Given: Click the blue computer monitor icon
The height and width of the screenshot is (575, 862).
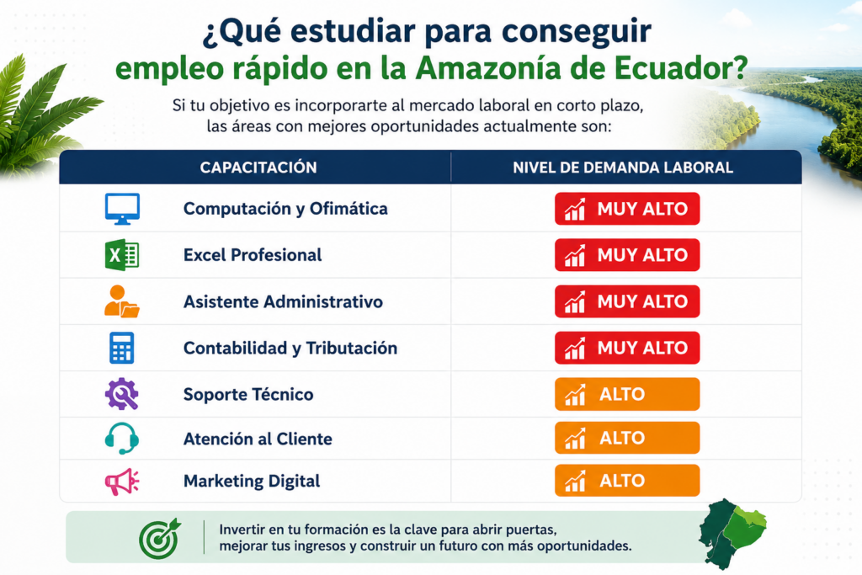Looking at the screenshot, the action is click(x=122, y=209).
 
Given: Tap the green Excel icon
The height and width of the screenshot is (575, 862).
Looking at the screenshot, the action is click(x=122, y=255).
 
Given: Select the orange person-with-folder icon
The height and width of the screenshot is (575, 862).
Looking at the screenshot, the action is click(x=121, y=301).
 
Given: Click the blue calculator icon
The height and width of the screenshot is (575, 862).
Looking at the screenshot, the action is click(x=121, y=348).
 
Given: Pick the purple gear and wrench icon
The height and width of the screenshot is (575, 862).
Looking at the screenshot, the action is click(x=121, y=394).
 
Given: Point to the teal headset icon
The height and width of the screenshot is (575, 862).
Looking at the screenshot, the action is click(x=121, y=438).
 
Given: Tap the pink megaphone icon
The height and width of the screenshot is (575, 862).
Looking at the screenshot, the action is click(x=121, y=482).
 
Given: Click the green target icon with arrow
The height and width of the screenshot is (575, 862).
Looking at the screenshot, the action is click(x=160, y=539).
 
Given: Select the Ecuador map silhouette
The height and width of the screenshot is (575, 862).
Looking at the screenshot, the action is click(x=732, y=533).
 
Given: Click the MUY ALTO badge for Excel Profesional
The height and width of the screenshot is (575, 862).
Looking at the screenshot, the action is click(x=627, y=255).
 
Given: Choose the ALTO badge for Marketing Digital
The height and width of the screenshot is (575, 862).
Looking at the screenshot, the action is click(x=627, y=481).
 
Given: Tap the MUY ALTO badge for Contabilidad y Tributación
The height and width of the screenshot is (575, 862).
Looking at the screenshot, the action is click(x=627, y=348).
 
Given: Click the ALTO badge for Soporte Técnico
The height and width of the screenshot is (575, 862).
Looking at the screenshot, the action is click(x=627, y=394).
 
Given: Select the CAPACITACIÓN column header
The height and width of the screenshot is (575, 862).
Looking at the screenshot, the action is click(x=258, y=168).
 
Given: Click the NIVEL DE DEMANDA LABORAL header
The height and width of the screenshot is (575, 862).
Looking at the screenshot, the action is click(x=623, y=168).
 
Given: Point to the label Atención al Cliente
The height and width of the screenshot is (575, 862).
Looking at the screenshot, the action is click(x=258, y=439).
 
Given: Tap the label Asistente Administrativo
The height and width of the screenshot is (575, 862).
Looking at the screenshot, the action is click(x=283, y=301).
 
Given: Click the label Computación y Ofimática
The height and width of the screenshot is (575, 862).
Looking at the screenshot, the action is click(x=285, y=209).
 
